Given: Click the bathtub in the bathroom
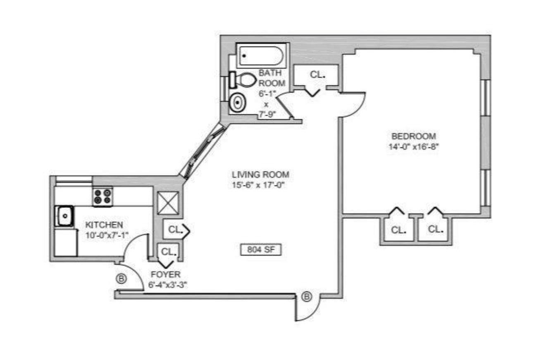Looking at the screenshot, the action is click(261, 55).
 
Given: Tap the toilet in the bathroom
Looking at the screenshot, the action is click(245, 80).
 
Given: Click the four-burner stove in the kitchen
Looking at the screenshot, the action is click(103, 196).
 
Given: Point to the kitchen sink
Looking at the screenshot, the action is click(65, 216).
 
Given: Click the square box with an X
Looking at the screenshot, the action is click(168, 203).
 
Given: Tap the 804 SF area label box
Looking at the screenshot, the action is click(261, 249).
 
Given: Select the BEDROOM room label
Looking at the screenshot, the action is click(414, 136).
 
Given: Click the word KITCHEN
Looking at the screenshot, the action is click(104, 225).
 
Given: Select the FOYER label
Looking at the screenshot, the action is click(165, 274).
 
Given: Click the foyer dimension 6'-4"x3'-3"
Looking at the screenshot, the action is click(168, 285).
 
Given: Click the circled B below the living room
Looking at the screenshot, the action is click(307, 297).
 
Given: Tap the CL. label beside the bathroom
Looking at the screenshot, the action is click(317, 75).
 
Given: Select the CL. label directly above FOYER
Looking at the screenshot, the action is click(169, 251).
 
